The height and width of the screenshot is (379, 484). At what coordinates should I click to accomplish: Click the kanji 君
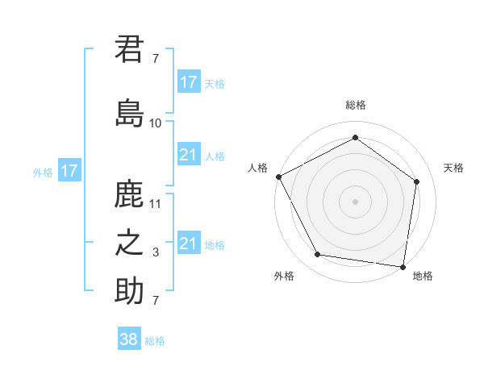(130, 49)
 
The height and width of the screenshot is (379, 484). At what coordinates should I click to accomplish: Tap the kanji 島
(130, 114)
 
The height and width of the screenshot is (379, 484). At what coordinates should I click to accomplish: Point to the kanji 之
(130, 244)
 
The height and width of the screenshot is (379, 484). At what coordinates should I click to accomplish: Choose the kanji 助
(130, 291)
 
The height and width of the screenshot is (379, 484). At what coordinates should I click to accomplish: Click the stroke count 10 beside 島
(156, 123)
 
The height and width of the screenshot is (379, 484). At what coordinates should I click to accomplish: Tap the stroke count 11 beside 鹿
(156, 204)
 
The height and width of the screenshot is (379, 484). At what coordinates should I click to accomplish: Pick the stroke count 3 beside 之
(156, 252)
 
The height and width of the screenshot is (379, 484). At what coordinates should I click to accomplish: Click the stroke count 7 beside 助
(156, 301)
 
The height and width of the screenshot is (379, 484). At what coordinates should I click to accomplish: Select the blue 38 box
(129, 339)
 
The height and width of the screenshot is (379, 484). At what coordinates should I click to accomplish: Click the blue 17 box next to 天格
(189, 81)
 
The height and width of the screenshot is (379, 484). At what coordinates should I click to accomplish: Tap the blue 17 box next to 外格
(69, 171)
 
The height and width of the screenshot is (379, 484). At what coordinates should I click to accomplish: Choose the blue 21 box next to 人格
(189, 155)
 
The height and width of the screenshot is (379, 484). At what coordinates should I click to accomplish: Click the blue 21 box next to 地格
(189, 244)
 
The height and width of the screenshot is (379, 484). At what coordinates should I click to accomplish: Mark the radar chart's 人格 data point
(278, 177)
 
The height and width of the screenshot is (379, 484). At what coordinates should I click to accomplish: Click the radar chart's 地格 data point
(403, 266)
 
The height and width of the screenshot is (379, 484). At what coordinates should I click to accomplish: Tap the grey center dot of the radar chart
(355, 201)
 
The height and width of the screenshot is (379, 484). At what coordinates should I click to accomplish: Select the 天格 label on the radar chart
(453, 168)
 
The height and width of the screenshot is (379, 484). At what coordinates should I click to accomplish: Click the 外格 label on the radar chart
(284, 276)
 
